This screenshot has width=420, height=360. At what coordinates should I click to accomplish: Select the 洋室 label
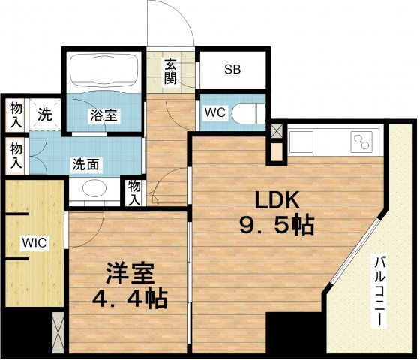[124, 271]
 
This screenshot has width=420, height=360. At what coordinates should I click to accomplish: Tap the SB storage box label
[232, 70]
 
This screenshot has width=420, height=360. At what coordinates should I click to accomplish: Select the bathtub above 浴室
[103, 72]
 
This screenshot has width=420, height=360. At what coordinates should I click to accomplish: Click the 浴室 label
[103, 116]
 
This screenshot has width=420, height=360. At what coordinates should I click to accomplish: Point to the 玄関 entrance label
[171, 71]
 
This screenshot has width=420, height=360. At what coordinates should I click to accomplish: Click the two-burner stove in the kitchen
[361, 142]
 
